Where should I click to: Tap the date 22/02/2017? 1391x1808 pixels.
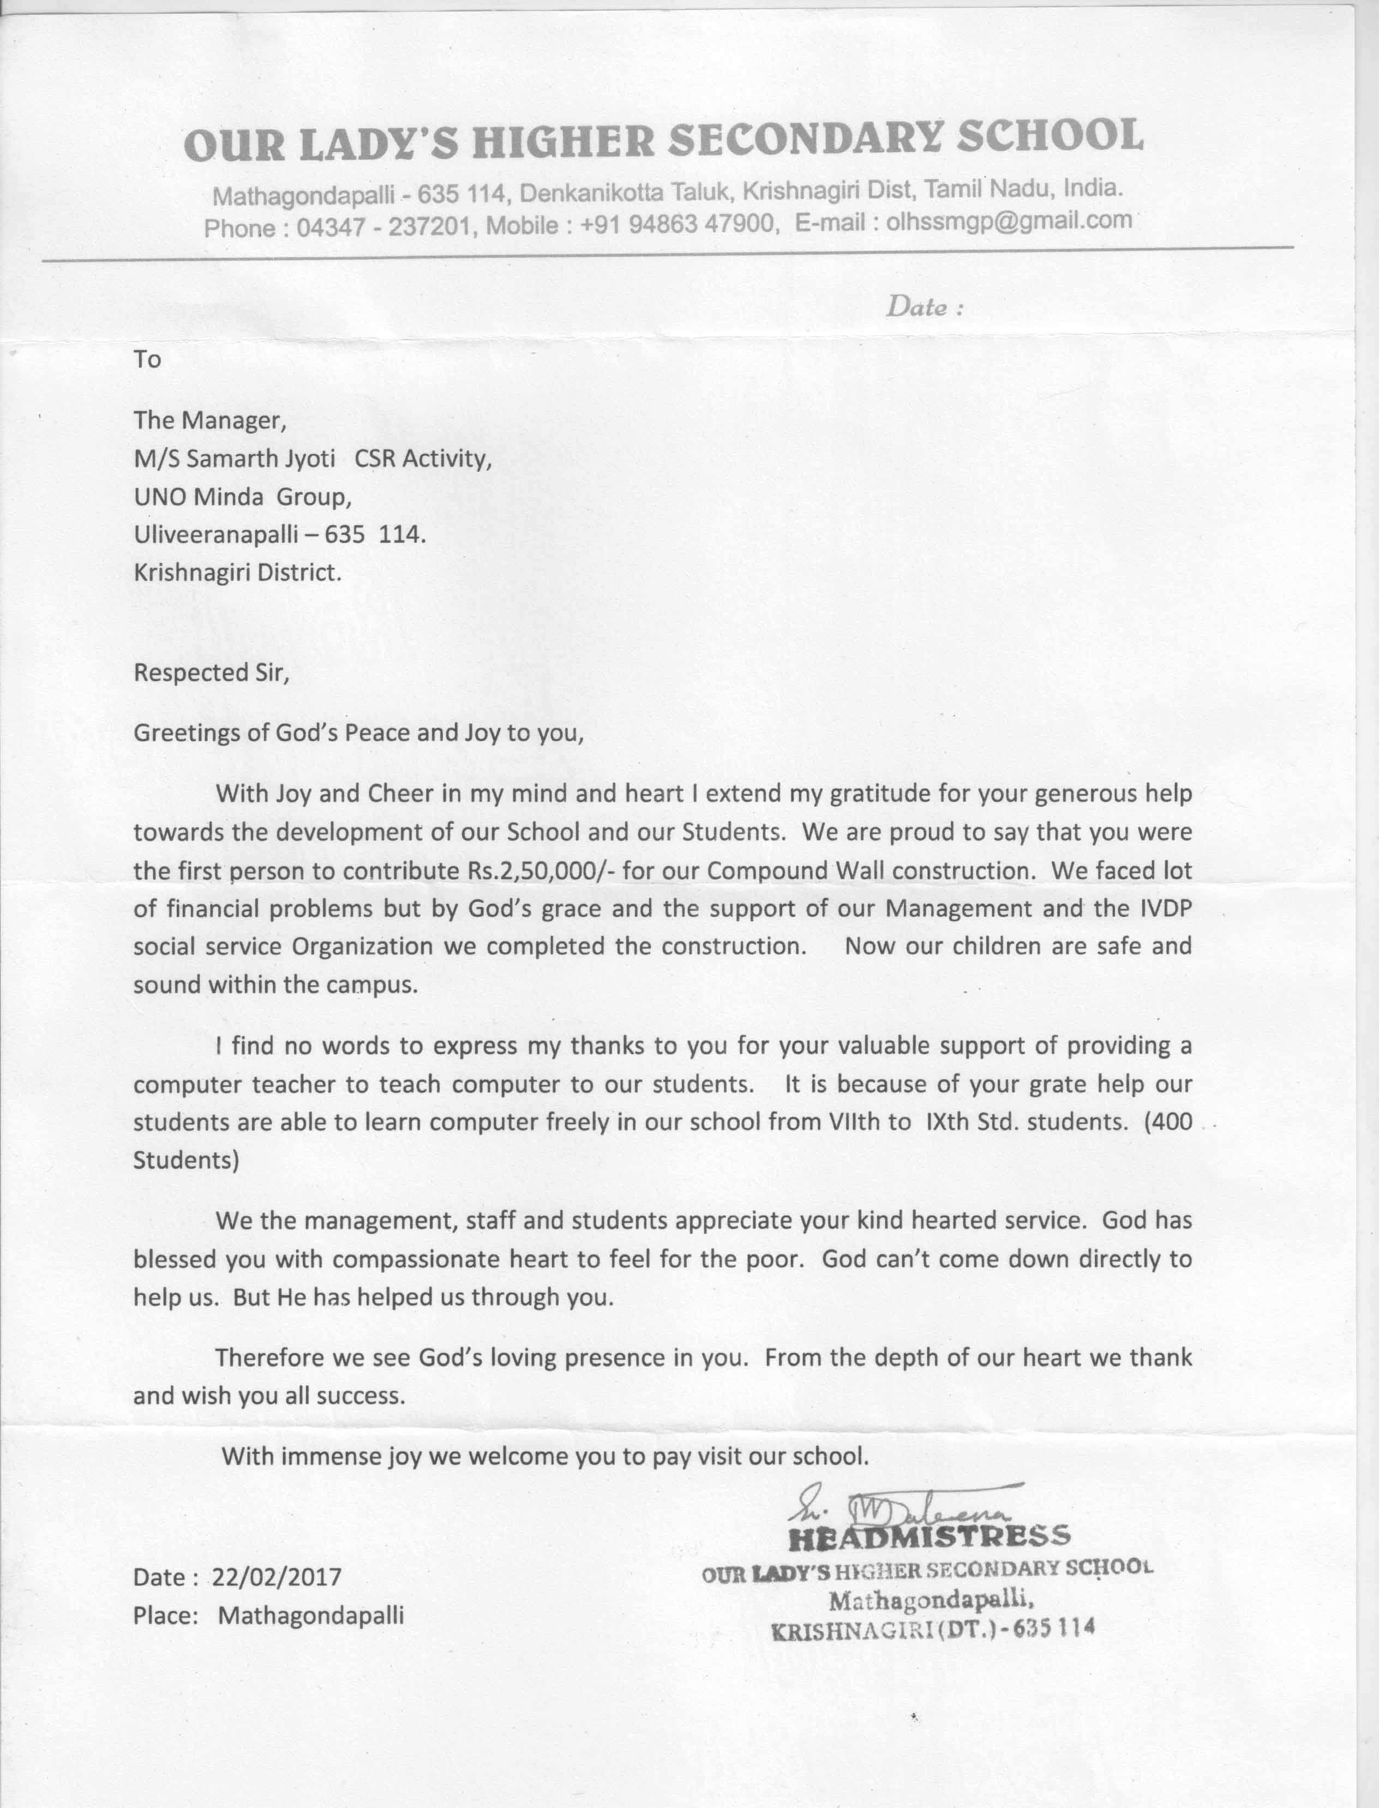click(277, 1577)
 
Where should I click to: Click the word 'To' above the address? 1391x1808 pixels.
click(147, 359)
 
